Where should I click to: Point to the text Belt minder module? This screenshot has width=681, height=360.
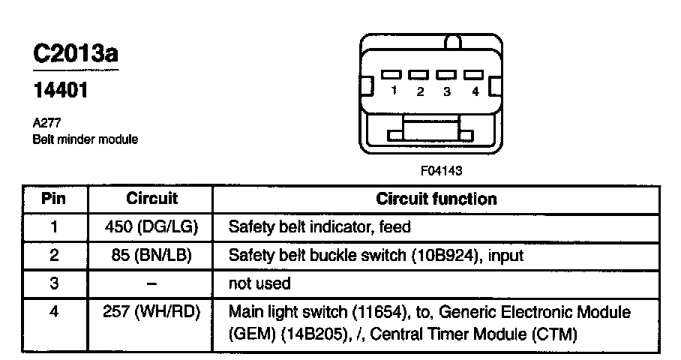point(85,139)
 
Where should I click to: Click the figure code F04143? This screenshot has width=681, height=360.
point(441,170)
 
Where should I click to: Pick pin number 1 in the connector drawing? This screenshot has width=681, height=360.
point(393,91)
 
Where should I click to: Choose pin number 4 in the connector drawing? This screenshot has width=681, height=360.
point(475,91)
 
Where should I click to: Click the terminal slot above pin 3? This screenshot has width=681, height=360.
point(446,75)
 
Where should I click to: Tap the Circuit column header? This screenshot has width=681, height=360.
point(151,199)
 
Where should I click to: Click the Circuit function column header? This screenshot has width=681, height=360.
point(436,199)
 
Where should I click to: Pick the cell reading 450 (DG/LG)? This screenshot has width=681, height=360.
point(151,226)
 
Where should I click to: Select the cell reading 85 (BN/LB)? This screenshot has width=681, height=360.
point(151,255)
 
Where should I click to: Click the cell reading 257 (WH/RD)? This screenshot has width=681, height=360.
point(151,311)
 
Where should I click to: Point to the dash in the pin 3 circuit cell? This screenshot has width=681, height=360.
point(151,283)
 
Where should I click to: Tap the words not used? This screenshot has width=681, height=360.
point(259,283)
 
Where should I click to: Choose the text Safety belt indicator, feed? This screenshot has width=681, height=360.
point(319,226)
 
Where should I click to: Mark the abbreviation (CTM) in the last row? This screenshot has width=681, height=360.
point(553,333)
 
